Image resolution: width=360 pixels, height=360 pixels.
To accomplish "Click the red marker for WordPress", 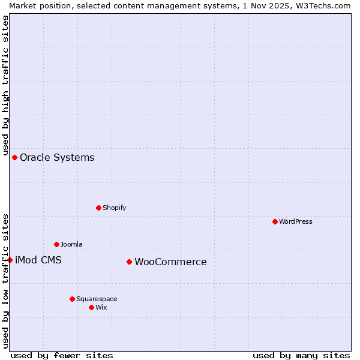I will (x=275, y=221).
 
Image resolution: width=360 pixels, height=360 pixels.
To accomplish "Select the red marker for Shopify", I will (x=98, y=208).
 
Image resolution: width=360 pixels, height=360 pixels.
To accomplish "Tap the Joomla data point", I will (x=56, y=244).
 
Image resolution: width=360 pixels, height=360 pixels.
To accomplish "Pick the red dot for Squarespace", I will (x=72, y=299).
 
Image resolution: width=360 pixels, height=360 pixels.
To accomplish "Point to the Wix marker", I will (x=91, y=307).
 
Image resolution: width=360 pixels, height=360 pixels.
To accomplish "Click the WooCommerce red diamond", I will (x=129, y=262).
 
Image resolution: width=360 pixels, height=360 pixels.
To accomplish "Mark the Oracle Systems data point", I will (x=14, y=157).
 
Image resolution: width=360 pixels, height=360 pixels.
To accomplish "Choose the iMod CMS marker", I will (x=10, y=260).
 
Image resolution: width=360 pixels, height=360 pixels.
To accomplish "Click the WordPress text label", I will (x=295, y=221).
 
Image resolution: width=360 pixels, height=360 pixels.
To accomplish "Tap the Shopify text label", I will (x=114, y=208).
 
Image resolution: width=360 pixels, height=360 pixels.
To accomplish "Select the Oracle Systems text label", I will (x=57, y=158).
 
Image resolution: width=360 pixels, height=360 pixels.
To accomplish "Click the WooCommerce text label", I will (x=170, y=262).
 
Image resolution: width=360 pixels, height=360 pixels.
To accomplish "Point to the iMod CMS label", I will (x=38, y=260).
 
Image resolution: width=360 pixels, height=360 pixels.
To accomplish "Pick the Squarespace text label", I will (x=97, y=299).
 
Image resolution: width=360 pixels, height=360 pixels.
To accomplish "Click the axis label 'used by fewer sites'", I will (x=62, y=355).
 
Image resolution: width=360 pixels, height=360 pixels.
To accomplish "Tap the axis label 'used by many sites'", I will (x=301, y=355).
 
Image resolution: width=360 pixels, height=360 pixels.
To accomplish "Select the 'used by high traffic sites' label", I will (x=5, y=86).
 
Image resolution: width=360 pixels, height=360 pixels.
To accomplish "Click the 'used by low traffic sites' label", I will (x=5, y=280).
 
